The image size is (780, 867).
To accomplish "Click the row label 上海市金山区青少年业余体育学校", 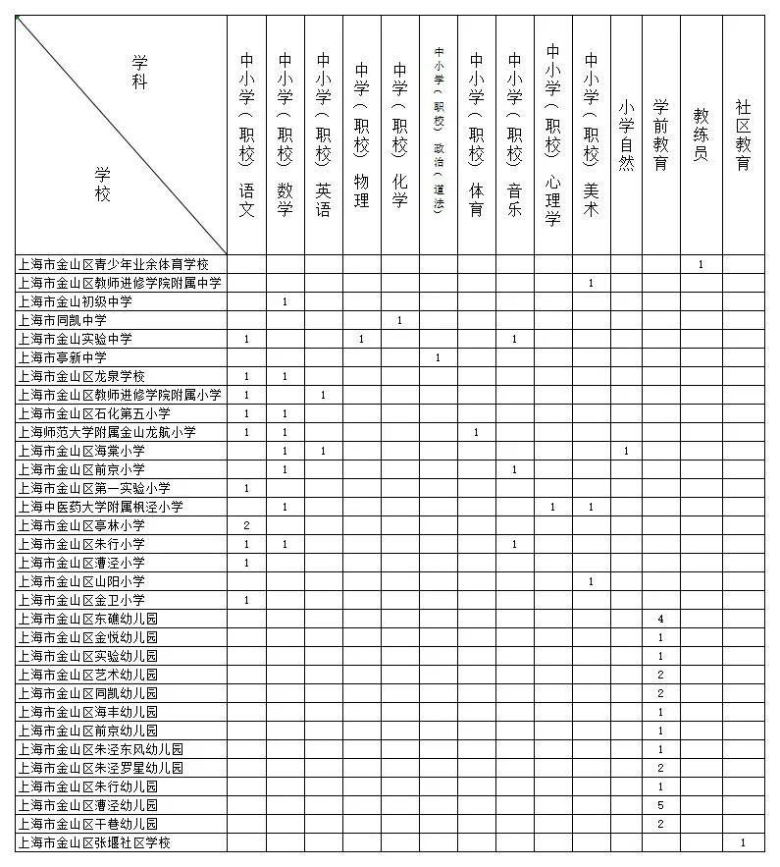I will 114,264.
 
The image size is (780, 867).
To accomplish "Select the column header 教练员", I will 701,135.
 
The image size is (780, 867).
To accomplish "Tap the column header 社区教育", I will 744,135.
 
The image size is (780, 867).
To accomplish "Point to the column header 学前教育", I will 661,135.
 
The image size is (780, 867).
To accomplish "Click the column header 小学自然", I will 626,135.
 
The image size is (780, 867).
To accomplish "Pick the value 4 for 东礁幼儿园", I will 661,619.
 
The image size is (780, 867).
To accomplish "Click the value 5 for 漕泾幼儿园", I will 661,805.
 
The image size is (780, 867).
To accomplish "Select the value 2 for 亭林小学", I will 246,525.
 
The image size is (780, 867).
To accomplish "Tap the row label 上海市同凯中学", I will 62,320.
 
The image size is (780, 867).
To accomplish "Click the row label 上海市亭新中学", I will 62,357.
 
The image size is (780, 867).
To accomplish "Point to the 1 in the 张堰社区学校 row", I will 744,842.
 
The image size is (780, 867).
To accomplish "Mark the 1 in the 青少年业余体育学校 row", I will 701,264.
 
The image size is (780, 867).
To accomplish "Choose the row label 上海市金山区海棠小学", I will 81,451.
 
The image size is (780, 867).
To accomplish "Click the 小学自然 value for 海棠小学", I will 626,451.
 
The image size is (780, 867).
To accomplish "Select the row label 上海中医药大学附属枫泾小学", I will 101,507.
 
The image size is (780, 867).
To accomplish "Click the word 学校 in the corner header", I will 103,183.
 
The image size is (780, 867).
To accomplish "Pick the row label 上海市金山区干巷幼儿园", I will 88,824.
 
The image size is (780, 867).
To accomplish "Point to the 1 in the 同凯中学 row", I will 399,320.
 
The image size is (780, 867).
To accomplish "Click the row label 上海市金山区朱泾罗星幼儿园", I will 101,768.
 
